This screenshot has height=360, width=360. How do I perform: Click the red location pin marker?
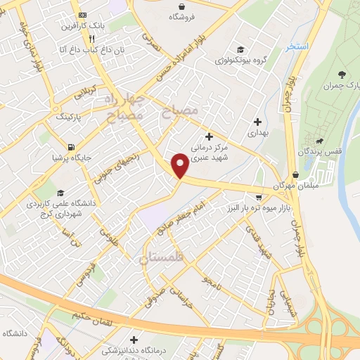[181, 165]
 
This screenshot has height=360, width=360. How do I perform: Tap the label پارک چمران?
[341, 86]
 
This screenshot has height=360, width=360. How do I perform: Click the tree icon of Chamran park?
[342, 74]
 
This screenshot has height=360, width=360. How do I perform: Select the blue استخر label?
[296, 46]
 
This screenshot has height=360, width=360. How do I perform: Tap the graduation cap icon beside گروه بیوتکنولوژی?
[240, 49]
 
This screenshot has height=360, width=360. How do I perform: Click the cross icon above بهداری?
[258, 122]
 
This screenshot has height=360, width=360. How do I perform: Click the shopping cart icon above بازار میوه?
[259, 197]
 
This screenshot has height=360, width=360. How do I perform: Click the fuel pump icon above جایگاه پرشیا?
[70, 148]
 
